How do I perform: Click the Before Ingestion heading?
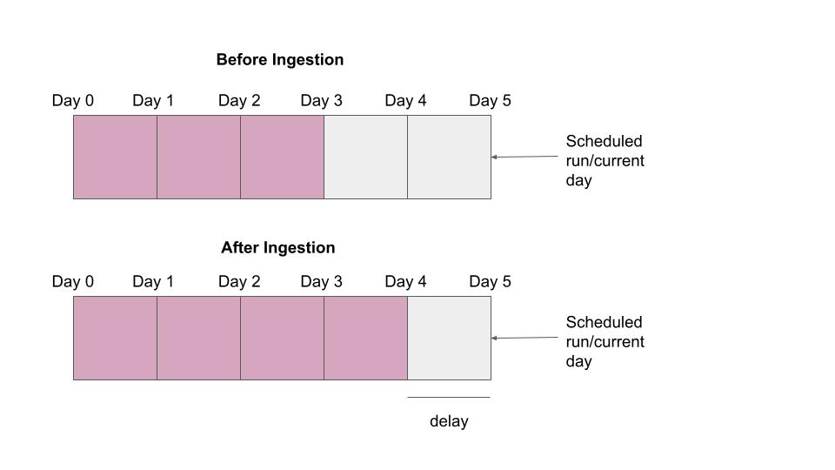[x=279, y=60]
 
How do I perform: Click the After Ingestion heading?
[x=277, y=248]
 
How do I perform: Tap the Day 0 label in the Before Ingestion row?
[x=73, y=101]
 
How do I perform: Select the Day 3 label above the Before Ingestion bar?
[x=321, y=101]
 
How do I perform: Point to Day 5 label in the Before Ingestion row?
[x=490, y=101]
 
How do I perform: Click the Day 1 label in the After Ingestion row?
[x=153, y=282]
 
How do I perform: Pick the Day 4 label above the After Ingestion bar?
[x=405, y=282]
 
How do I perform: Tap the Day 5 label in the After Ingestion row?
[x=490, y=282]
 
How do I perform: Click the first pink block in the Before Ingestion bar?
[x=115, y=158]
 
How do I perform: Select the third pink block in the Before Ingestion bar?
[x=282, y=158]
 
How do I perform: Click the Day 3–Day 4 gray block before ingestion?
[x=365, y=158]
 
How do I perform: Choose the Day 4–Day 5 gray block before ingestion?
[x=449, y=158]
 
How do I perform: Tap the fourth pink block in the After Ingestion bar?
[x=365, y=339]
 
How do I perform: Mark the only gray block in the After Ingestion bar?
[x=449, y=339]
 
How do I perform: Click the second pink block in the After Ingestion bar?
[x=198, y=339]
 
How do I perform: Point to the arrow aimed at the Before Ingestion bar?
[x=524, y=157]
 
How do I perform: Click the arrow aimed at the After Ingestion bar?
[x=524, y=338]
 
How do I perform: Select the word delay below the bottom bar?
[x=449, y=422]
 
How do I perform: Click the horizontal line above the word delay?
[x=449, y=398]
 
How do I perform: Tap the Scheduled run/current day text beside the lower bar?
[x=605, y=342]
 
